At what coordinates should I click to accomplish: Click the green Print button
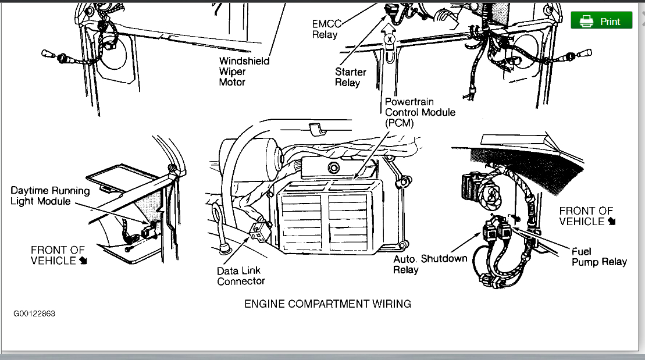pyautogui.click(x=601, y=21)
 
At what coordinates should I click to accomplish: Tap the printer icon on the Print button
pyautogui.click(x=586, y=22)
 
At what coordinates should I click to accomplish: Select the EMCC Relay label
pyautogui.click(x=325, y=30)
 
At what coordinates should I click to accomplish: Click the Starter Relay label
pyautogui.click(x=351, y=77)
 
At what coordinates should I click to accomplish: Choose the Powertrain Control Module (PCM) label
pyautogui.click(x=420, y=112)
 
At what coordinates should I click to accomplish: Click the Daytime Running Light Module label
pyautogui.click(x=51, y=196)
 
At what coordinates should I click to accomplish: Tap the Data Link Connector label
pyautogui.click(x=241, y=276)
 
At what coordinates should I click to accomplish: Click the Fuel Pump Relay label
pyautogui.click(x=599, y=256)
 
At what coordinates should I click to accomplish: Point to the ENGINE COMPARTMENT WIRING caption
pyautogui.click(x=327, y=304)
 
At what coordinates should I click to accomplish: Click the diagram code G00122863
pyautogui.click(x=35, y=314)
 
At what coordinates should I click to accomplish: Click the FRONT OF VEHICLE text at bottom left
pyautogui.click(x=58, y=255)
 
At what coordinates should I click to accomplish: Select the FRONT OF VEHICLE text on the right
pyautogui.click(x=586, y=216)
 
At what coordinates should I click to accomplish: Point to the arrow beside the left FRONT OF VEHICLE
pyautogui.click(x=83, y=261)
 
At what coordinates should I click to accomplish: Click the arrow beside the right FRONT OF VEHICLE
pyautogui.click(x=611, y=222)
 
